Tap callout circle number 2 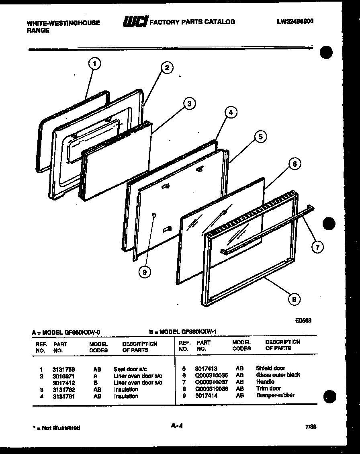point(167,67)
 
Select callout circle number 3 point(189,104)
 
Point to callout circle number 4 point(231,113)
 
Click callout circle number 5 point(260,137)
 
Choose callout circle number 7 point(317,247)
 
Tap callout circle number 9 point(145,272)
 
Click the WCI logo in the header point(135,22)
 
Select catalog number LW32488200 point(295,22)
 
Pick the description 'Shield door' point(270,368)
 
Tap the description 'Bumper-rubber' point(275,395)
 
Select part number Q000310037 point(211,382)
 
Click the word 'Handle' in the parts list point(265,382)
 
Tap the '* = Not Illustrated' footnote point(56,428)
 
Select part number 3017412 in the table point(63,383)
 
